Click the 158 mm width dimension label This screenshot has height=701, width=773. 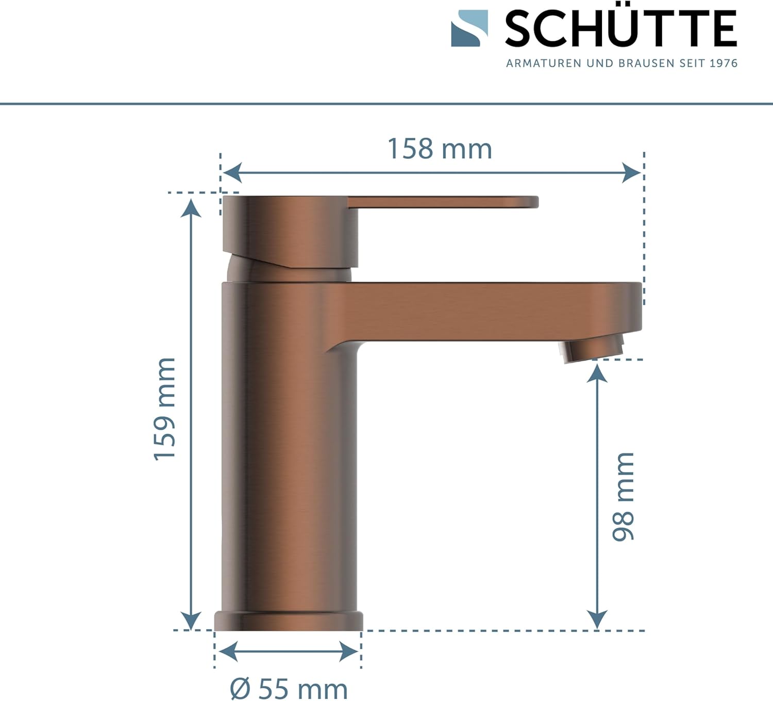[440, 149]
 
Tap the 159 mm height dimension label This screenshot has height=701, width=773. [165, 409]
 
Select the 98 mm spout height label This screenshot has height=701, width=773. [623, 496]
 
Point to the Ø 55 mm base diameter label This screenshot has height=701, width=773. [289, 689]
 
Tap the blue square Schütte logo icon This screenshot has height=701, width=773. [469, 28]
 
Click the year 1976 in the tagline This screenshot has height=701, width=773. [724, 63]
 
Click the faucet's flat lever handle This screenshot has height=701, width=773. [443, 202]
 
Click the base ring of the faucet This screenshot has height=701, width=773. [289, 621]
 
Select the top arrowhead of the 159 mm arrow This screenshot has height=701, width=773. [191, 207]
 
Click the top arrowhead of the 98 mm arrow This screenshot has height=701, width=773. [597, 373]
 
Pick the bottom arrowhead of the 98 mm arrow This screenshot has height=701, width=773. [597, 619]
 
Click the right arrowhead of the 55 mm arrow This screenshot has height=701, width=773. [349, 652]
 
